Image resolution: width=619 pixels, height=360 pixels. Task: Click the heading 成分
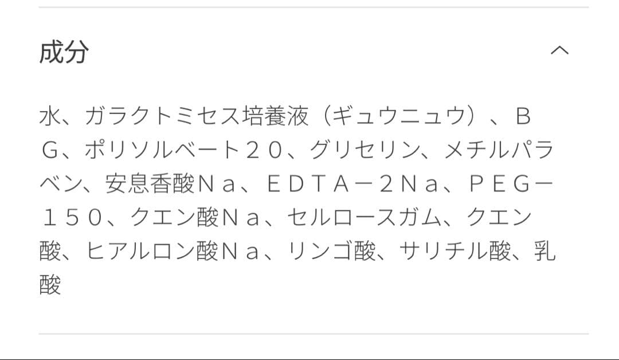point(64,52)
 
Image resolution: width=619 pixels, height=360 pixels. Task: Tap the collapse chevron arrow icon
point(559,50)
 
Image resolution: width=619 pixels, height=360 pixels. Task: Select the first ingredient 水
point(50,117)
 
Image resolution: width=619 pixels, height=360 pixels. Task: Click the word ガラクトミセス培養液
point(197,117)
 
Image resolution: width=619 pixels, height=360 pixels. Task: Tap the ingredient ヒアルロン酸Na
point(172,251)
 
